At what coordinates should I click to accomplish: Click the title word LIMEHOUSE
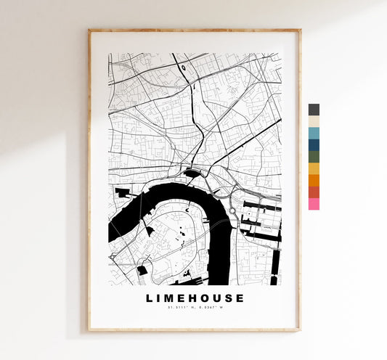click(x=195, y=298)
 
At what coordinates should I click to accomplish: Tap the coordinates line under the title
click(x=195, y=309)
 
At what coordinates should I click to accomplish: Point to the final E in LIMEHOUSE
click(x=240, y=298)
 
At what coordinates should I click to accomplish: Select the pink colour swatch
click(x=314, y=204)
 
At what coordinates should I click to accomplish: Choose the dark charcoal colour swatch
click(x=314, y=110)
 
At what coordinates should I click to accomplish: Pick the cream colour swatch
click(x=314, y=121)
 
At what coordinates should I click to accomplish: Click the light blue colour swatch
click(x=314, y=133)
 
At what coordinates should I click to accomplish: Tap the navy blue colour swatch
click(x=314, y=144)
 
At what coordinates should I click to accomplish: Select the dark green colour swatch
click(x=314, y=156)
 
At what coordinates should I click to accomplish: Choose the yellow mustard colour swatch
click(x=314, y=168)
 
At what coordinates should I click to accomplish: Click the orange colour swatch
click(x=314, y=180)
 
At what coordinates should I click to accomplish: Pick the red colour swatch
click(x=314, y=192)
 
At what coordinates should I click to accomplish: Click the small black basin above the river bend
click(x=192, y=173)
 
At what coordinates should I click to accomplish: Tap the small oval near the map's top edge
click(x=184, y=68)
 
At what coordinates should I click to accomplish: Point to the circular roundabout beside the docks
click(x=232, y=211)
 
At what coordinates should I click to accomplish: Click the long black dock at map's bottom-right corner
click(x=274, y=280)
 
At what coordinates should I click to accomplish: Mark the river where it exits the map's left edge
click(x=112, y=233)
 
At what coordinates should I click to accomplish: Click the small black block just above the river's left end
click(x=121, y=192)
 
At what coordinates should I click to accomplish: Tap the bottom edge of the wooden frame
click(x=195, y=330)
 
